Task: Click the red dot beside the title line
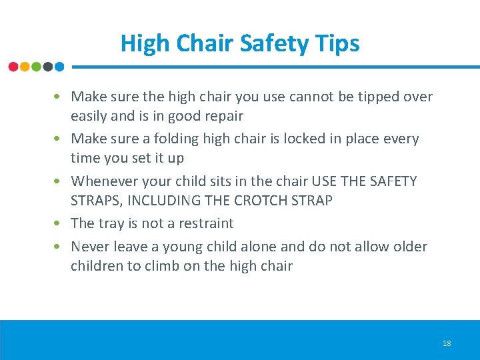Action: pos(13,67)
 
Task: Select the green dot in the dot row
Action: pos(36,67)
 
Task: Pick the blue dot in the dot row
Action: pos(59,67)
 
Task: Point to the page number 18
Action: pos(446,343)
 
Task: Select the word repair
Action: pos(223,116)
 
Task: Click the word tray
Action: pos(111,223)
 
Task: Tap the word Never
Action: pos(91,247)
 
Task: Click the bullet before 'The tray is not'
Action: pos(59,223)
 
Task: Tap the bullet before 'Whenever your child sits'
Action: pos(59,181)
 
